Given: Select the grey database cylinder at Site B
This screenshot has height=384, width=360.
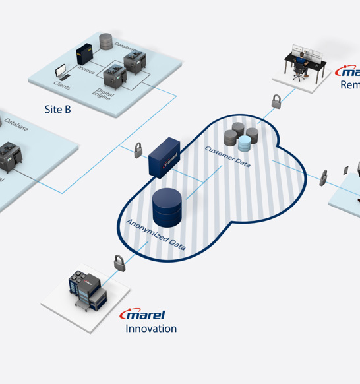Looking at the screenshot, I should [x=106, y=40].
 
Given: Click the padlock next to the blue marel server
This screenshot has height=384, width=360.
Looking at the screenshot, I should [x=138, y=148].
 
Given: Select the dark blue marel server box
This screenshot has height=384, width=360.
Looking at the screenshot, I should [x=164, y=157].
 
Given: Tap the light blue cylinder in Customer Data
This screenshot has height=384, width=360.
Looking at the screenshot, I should [x=248, y=141].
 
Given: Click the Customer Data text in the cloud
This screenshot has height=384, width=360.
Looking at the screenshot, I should [x=227, y=156].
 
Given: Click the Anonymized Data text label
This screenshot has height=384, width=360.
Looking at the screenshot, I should [x=156, y=235].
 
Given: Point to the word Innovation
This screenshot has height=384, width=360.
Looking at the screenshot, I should [x=151, y=329].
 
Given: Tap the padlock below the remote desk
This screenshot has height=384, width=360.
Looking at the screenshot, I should [x=276, y=102].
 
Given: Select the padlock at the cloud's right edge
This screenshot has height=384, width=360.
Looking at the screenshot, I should [x=324, y=177].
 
